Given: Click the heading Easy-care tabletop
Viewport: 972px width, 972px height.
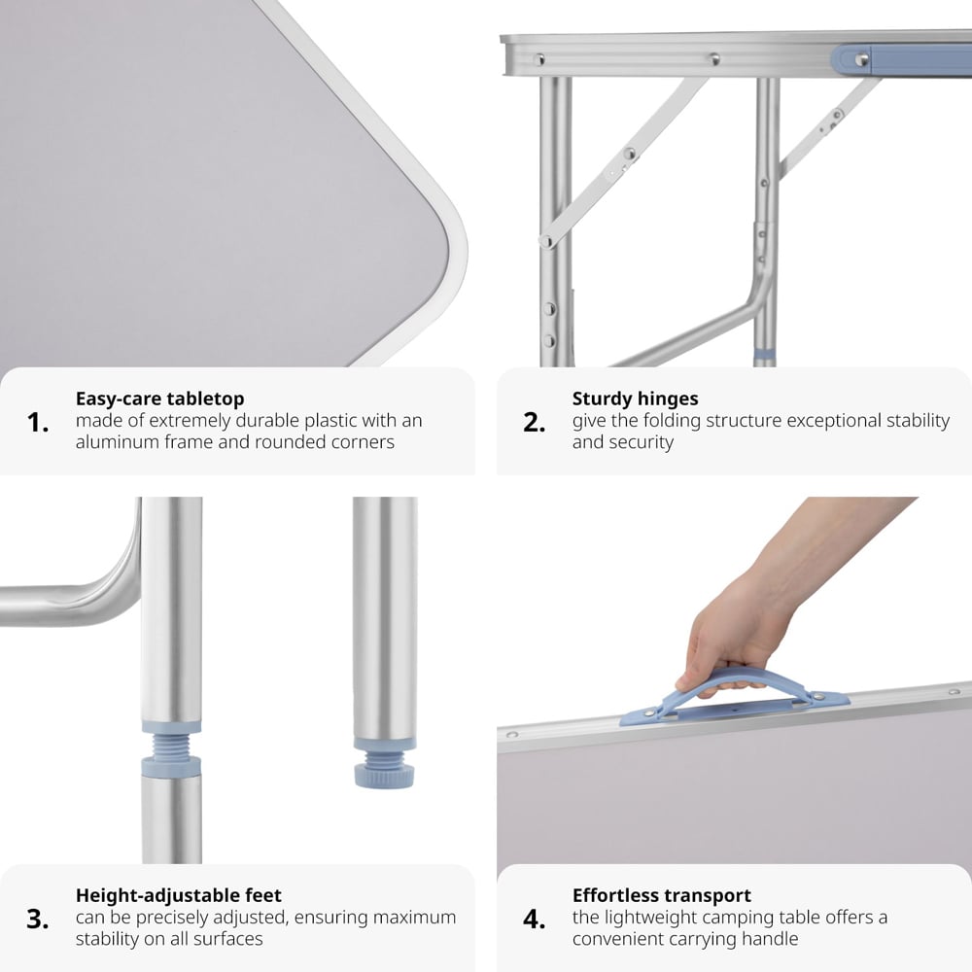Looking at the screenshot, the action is [160, 399].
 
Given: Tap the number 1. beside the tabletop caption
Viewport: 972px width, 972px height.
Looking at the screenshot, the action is [38, 422].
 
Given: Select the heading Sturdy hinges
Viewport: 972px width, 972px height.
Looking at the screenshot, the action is [635, 399].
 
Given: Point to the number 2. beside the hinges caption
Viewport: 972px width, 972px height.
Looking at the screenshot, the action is [534, 422].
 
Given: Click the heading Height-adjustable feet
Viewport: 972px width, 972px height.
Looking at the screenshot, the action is [179, 895].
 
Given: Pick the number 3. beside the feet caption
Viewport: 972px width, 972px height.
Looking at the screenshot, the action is [38, 919].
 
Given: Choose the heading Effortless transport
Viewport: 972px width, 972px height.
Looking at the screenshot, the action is [661, 895].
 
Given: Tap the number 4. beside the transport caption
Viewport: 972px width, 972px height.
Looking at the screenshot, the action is [534, 919].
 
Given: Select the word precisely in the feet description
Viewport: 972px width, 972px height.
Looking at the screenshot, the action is [173, 919].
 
